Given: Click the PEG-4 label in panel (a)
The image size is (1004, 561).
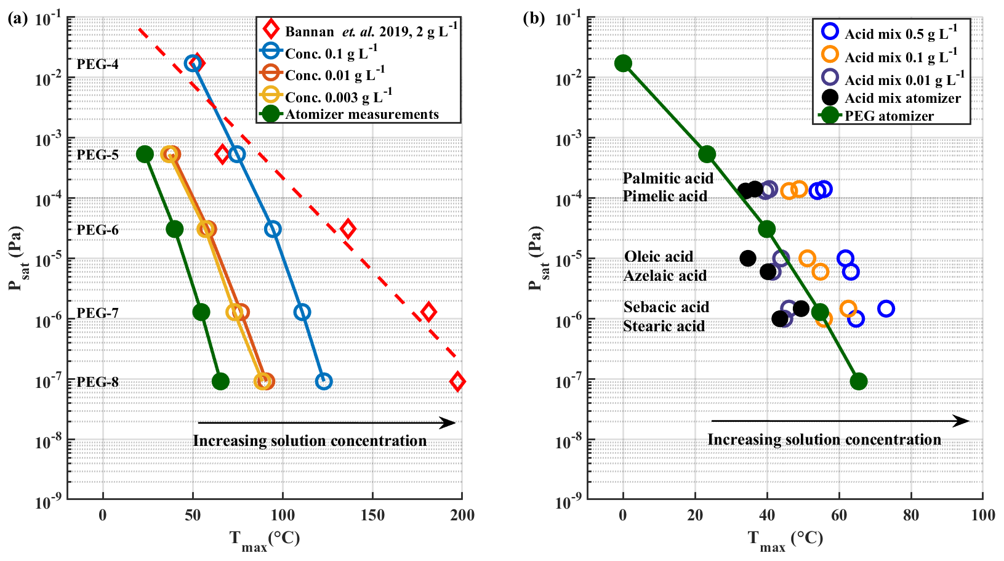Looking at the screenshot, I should click(97, 64).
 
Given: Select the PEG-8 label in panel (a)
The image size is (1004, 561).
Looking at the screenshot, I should click(97, 382).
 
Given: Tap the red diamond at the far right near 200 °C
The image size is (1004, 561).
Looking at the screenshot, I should click(457, 381).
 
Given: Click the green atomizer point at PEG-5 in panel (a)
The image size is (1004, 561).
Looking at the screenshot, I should click(145, 154).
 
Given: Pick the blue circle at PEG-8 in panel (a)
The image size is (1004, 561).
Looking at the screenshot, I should click(324, 381).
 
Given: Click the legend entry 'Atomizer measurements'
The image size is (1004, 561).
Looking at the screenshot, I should click(361, 115).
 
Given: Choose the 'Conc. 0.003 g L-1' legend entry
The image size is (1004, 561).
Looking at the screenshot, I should click(338, 97).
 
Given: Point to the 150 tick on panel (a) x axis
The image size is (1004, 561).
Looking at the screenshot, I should click(372, 515).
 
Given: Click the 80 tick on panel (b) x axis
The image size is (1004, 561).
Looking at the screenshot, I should click(910, 515).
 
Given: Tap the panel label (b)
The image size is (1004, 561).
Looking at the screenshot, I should click(534, 18).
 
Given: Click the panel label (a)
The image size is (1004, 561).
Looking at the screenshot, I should click(18, 18).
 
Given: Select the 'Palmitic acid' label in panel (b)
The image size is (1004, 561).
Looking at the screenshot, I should click(668, 179).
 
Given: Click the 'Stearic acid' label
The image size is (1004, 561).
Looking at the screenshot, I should click(664, 326).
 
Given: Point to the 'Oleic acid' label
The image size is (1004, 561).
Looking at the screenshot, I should click(659, 257).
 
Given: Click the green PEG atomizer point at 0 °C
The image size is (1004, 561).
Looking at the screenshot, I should click(623, 63).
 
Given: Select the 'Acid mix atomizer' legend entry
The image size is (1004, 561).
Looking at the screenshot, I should click(902, 98).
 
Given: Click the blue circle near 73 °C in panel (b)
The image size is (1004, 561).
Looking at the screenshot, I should click(886, 309).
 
